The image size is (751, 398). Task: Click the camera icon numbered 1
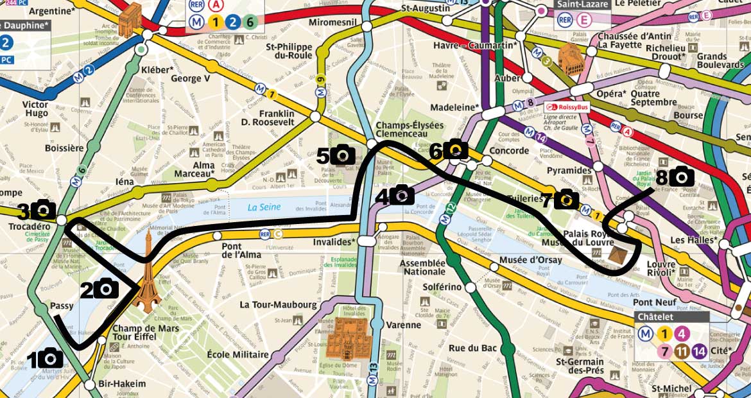[x=50, y=358]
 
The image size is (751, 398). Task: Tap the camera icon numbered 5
[x=343, y=155]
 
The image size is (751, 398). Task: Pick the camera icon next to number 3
[x=44, y=209]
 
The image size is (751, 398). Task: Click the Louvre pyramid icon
[x=618, y=256]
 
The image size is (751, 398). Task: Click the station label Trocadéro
[x=30, y=227]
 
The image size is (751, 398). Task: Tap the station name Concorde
[x=508, y=151]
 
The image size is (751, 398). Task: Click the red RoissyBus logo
[x=567, y=107]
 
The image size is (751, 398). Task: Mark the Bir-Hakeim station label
[x=123, y=384]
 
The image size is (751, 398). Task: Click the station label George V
[x=191, y=78]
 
